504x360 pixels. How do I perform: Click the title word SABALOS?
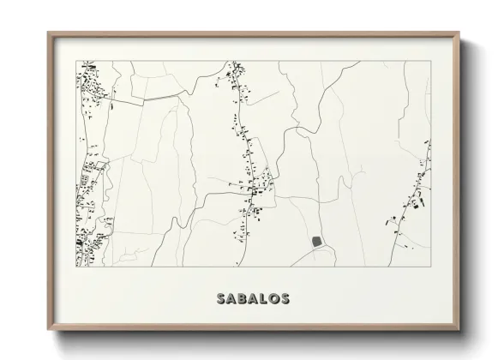(x=253, y=299)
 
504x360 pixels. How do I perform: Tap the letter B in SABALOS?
(x=243, y=299)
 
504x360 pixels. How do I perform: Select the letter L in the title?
(x=263, y=299)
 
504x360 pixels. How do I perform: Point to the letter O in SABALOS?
(x=273, y=299)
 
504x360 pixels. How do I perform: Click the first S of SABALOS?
(x=222, y=299)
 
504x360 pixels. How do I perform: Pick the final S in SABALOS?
(x=285, y=299)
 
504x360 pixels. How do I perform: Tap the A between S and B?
(x=232, y=299)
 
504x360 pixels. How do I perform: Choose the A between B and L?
(x=254, y=299)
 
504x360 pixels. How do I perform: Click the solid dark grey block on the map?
(x=318, y=242)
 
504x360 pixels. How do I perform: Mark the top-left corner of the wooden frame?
(x=48, y=33)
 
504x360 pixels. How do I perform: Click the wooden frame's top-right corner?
(x=460, y=33)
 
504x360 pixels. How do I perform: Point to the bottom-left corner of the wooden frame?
(x=48, y=329)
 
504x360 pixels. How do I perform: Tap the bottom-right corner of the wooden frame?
(x=460, y=329)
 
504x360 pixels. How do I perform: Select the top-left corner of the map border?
(x=76, y=61)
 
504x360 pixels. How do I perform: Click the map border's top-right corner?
(x=431, y=61)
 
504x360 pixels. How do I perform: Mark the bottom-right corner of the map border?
(x=431, y=266)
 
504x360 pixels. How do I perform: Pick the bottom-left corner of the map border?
(x=76, y=266)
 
